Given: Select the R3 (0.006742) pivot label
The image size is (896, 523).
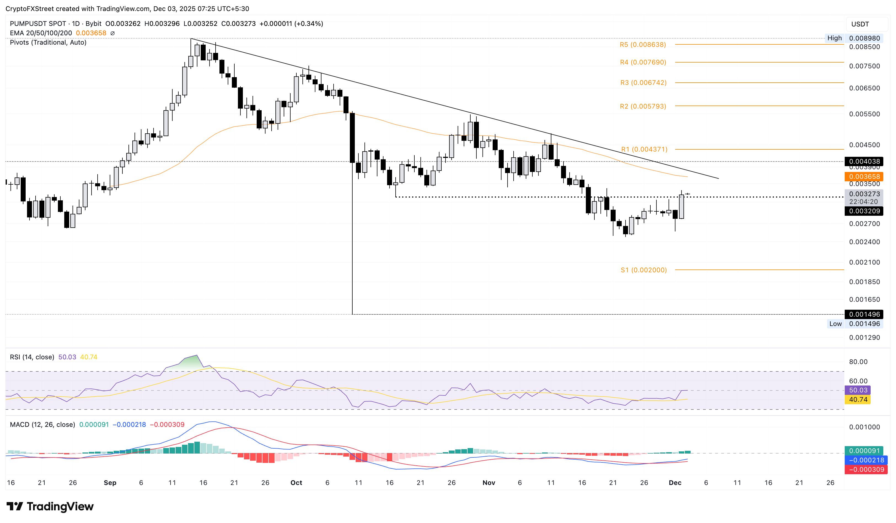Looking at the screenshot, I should click(x=643, y=83).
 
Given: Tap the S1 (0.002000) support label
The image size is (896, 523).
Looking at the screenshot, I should click(x=643, y=270).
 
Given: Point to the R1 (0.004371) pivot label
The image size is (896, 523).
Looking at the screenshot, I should click(x=644, y=149).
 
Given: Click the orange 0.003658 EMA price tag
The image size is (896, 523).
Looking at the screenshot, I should click(x=864, y=177).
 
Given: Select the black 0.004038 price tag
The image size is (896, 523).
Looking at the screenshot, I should click(x=864, y=161).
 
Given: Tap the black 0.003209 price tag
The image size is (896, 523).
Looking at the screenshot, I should click(x=864, y=211).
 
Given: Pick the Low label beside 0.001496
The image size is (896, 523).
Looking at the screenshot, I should click(x=835, y=324).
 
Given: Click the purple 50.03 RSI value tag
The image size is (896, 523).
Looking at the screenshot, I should click(x=858, y=390).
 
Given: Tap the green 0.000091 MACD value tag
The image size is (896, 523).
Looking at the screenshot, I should click(x=864, y=451).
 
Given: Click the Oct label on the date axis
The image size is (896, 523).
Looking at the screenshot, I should click(x=296, y=482).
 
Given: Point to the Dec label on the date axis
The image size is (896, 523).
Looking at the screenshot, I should click(x=675, y=482).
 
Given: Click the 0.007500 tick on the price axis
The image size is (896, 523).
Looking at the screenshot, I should click(x=864, y=66).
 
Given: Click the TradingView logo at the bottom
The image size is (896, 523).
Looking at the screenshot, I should click(x=50, y=506).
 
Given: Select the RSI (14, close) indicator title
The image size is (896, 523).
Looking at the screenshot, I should click(x=32, y=357).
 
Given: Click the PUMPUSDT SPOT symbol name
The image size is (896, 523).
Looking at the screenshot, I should click(x=38, y=24).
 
